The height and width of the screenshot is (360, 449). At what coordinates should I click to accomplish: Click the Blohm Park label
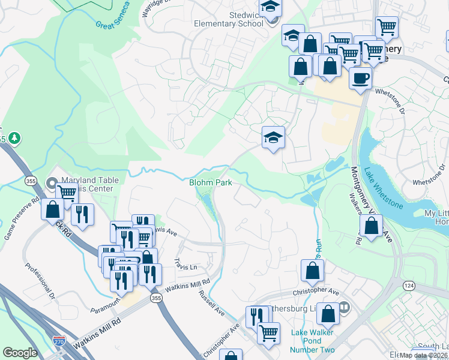[x=210, y=182]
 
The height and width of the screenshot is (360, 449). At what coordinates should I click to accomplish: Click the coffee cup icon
[x=360, y=78]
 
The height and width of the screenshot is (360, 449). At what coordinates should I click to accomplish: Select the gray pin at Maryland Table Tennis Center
[x=52, y=182]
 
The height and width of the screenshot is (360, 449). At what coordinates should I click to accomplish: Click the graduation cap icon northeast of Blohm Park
[x=273, y=137]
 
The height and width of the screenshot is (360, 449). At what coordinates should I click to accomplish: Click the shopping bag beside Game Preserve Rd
[x=52, y=209]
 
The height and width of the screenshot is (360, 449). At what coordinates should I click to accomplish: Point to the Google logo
[x=20, y=353]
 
